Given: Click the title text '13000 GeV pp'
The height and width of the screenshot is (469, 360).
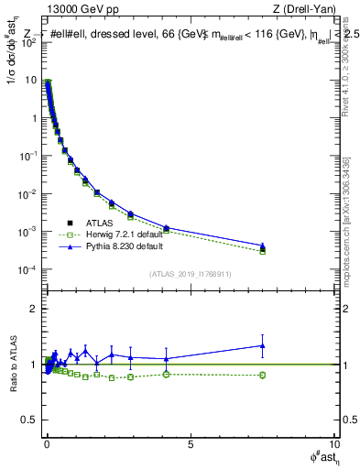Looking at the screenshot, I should pyautogui.click(x=77, y=9).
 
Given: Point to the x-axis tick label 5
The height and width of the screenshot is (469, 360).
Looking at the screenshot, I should pyautogui.click(x=190, y=443).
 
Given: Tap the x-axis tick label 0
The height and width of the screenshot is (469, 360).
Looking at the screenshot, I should pyautogui.click(x=47, y=443).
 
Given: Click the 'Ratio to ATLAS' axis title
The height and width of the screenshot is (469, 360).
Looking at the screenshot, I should pyautogui.click(x=12, y=365).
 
